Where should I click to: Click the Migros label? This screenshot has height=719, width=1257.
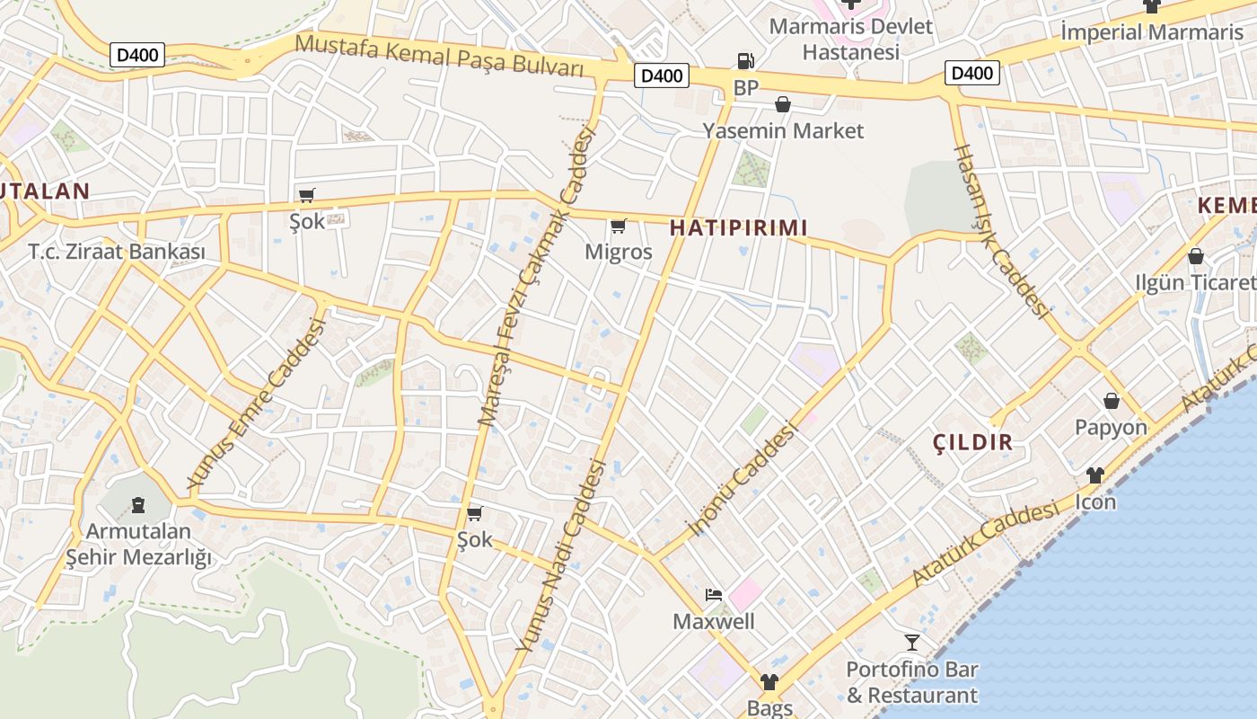point(619,252)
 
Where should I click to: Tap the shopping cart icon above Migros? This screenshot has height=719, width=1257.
point(618,226)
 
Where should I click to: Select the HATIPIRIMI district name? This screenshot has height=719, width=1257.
point(739,228)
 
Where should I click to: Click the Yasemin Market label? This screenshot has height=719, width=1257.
point(783,131)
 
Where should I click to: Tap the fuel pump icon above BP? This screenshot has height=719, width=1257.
point(745,61)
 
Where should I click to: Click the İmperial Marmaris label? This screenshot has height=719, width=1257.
point(1152,32)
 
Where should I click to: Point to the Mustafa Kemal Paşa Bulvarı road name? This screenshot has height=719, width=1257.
point(439,55)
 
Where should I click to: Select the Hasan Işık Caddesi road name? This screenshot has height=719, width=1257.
point(1000,231)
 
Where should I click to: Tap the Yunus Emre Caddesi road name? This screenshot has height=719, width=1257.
point(256,404)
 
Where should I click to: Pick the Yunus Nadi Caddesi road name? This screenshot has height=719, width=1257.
point(562,555)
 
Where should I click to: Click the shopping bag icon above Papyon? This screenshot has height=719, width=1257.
point(1112,401)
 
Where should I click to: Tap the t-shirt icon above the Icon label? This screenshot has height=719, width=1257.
point(1095,475)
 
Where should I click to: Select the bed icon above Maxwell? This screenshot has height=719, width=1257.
point(714,594)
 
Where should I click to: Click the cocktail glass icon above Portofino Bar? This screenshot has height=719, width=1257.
point(912,642)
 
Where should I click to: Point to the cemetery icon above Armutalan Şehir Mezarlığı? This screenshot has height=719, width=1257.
point(137,505)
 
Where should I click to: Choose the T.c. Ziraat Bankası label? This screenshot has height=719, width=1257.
point(117,252)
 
